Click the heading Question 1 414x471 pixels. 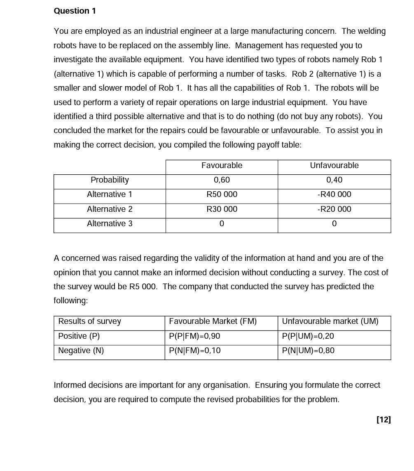pos(75,11)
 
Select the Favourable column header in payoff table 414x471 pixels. pos(222,166)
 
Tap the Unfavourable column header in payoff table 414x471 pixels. pos(334,166)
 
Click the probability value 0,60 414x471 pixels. pos(222,180)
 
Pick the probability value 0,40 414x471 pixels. pos(334,180)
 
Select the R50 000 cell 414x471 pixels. pos(222,194)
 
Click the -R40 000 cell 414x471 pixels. pos(334,194)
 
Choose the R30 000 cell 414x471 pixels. pos(222,209)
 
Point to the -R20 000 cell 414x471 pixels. pos(334,209)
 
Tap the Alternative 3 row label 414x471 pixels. pos(110,224)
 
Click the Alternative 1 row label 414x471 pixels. pos(110,194)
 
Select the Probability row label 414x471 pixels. pos(110,180)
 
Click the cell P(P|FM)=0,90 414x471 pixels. pos(194,336)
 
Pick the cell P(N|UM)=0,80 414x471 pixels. pos(308,351)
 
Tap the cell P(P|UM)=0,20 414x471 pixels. pos(308,336)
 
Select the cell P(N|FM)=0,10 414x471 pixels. pos(194,351)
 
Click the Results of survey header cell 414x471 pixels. pos(89,321)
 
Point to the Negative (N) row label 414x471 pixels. pos(81,351)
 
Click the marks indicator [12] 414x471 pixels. pos(383,419)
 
